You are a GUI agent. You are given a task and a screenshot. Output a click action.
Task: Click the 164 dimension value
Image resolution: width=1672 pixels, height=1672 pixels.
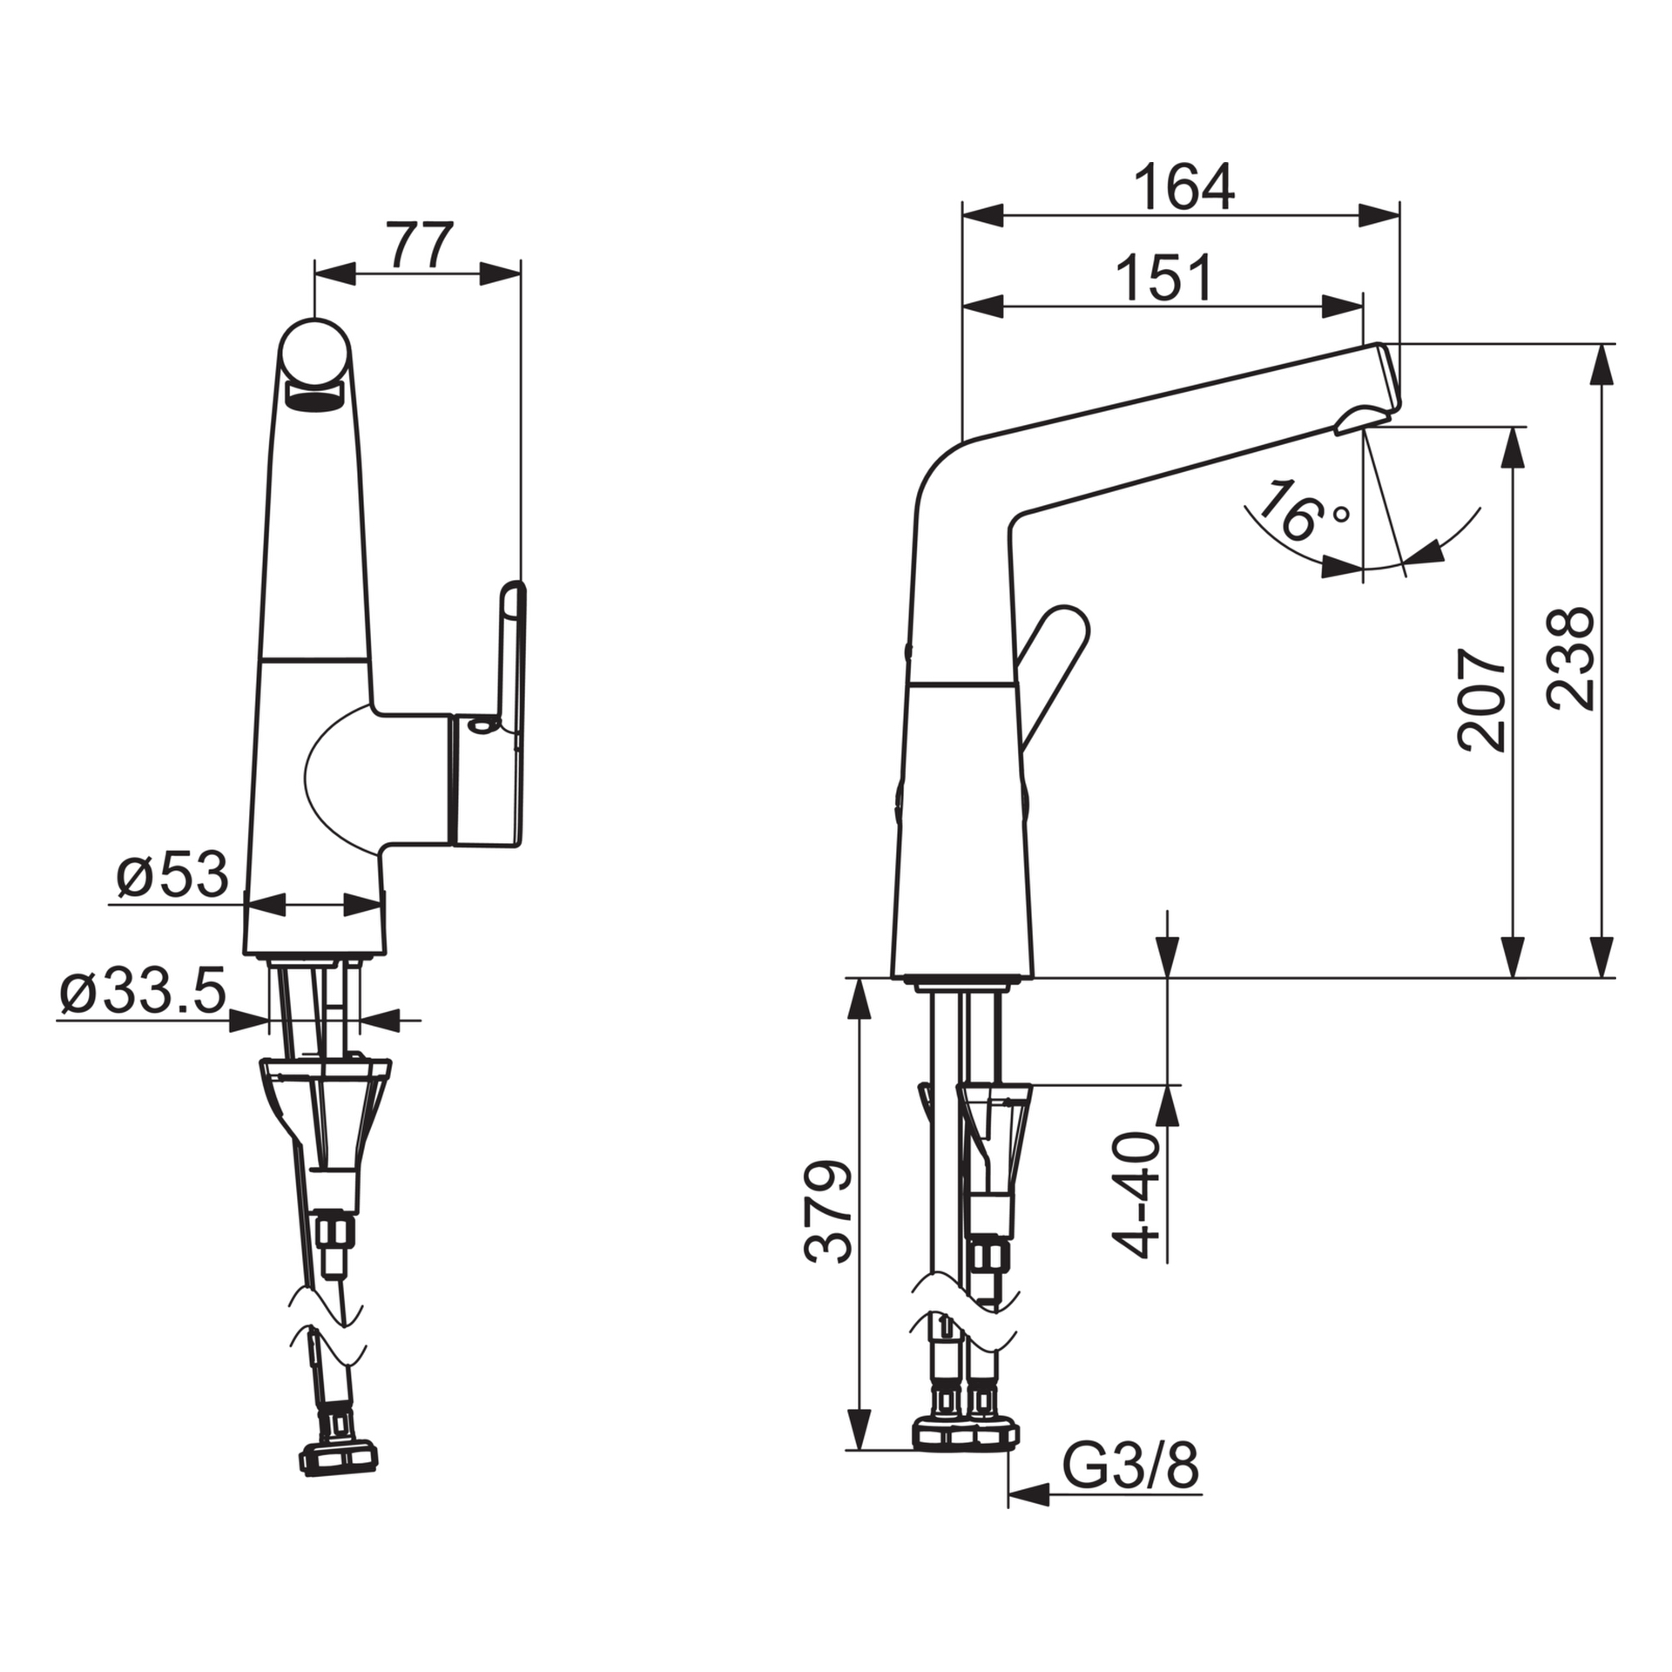[1184, 186]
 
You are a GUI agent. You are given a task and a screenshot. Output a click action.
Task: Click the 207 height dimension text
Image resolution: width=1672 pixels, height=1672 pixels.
[1481, 699]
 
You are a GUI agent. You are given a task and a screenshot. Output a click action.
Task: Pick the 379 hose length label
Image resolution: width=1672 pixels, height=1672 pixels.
[828, 1210]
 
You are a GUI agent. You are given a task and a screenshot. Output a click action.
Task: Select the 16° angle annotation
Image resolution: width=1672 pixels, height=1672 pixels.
[1301, 512]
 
